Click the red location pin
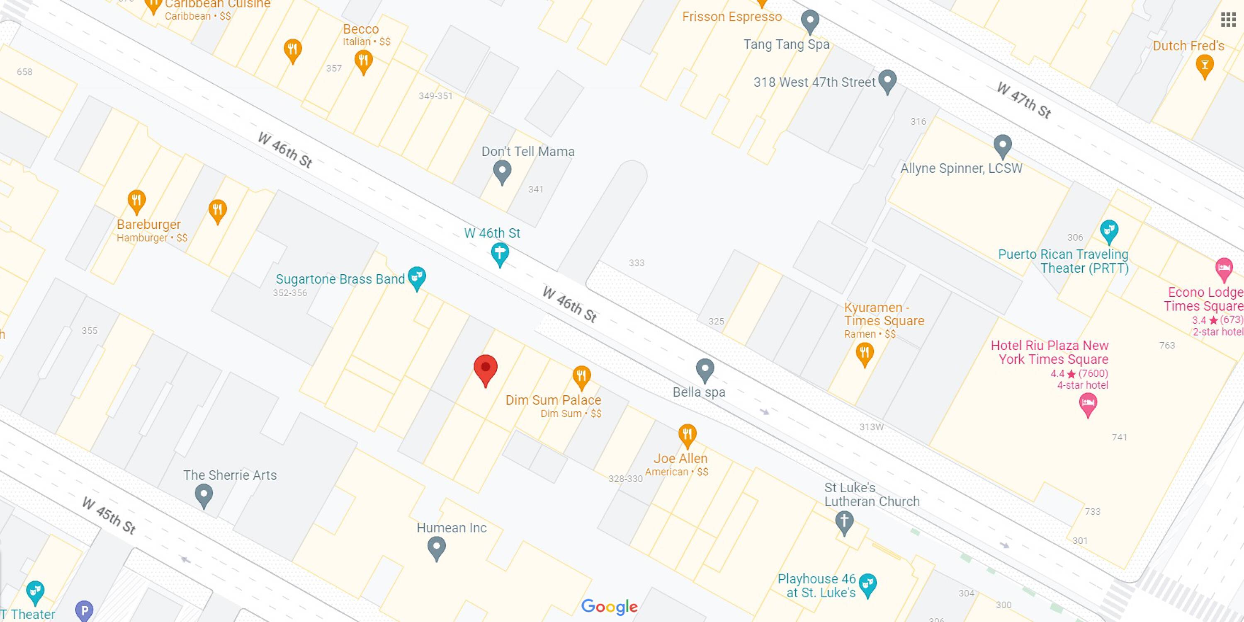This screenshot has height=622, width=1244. [x=485, y=369]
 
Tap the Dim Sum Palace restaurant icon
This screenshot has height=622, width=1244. [x=581, y=377]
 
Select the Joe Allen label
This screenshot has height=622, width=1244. [x=680, y=458]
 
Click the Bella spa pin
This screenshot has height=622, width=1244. [x=705, y=370]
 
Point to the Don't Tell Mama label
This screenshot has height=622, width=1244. [x=528, y=152]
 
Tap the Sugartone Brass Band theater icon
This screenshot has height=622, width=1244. [x=417, y=278]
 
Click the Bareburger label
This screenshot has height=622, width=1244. [x=149, y=224]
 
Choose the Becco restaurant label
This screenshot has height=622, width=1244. [x=361, y=29]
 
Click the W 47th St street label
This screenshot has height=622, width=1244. [x=1024, y=100]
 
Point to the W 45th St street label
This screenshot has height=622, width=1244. [x=109, y=516]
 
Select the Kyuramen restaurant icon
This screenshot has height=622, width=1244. [x=865, y=354]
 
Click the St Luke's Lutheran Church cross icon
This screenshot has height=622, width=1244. [x=844, y=522]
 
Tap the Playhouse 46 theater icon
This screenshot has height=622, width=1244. [x=868, y=584]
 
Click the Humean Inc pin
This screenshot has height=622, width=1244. [x=437, y=548]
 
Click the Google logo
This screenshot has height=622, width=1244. [x=610, y=607]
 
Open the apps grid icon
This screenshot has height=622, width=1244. [x=1228, y=20]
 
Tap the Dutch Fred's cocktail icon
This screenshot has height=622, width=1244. [x=1205, y=65]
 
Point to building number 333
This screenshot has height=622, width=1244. [x=637, y=263]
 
